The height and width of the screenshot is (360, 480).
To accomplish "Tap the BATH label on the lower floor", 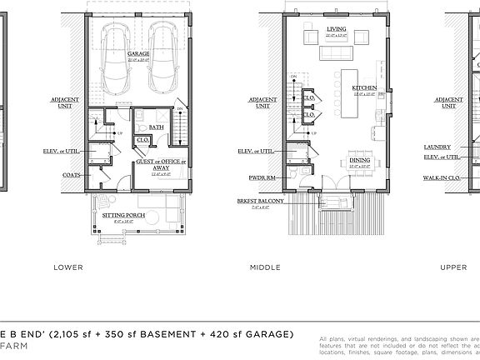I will tap(156, 127).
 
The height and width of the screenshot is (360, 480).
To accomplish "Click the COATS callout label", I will tap(71, 175).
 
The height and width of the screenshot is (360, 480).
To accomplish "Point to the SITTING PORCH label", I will tap(123, 215).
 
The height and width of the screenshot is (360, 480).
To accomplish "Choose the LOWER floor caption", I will tap(67, 267).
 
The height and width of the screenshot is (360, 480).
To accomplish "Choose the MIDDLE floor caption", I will tap(265, 267).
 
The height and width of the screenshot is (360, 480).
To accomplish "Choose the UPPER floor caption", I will tap(453, 267).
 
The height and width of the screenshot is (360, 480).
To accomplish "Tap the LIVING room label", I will tap(336, 28).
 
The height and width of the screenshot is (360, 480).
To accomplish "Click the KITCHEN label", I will tap(364, 87).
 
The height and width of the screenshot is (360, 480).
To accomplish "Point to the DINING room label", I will tap(360, 160).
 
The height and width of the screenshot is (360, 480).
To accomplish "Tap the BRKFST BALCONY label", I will tap(260, 201).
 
